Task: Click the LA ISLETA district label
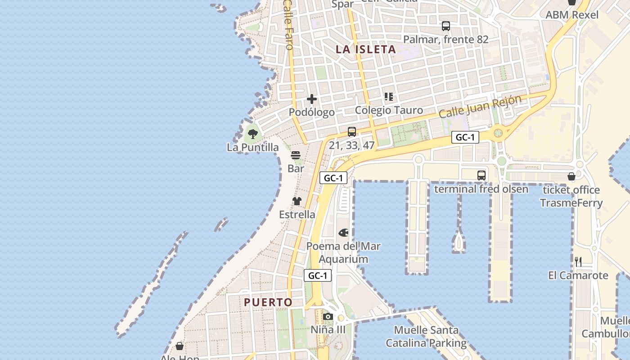point(365,49)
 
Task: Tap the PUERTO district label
point(268,302)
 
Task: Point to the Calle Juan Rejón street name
point(480,107)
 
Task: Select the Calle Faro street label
point(289,25)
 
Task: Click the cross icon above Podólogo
point(312,99)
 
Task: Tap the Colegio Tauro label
point(389,110)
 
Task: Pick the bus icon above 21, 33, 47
point(352,132)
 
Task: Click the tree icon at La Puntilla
point(253,134)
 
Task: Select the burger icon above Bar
point(296,155)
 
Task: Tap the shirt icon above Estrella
point(297,201)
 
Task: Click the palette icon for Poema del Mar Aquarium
point(343,233)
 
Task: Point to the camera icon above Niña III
point(328,316)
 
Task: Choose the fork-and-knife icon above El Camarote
point(578,261)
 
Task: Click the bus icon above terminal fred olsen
point(481,175)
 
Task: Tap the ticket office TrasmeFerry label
point(571,196)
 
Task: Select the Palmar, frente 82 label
point(445,40)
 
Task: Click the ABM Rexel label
point(572,15)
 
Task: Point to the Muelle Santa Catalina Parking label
point(426,337)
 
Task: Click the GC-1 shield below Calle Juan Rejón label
point(465,138)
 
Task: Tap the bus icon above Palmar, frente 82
point(446,26)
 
